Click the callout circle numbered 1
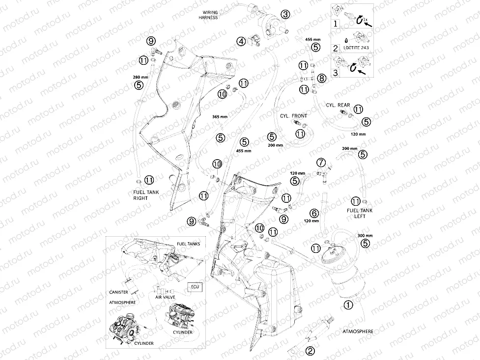(348, 305)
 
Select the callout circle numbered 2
(310, 351)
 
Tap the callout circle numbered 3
(285, 14)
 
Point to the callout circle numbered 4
(241, 41)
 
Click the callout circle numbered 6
(314, 213)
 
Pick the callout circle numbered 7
(321, 162)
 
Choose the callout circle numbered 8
(321, 79)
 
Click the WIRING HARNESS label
(208, 15)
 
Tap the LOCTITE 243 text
(356, 48)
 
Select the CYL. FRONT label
(294, 116)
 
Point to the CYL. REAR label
(338, 105)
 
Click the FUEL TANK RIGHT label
(146, 195)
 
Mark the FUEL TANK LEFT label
(360, 213)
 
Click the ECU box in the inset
(195, 287)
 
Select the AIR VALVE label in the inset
(165, 297)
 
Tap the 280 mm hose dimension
(141, 77)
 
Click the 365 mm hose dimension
(220, 116)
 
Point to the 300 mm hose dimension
(365, 236)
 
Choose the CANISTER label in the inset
(118, 292)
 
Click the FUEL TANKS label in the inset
(188, 244)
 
